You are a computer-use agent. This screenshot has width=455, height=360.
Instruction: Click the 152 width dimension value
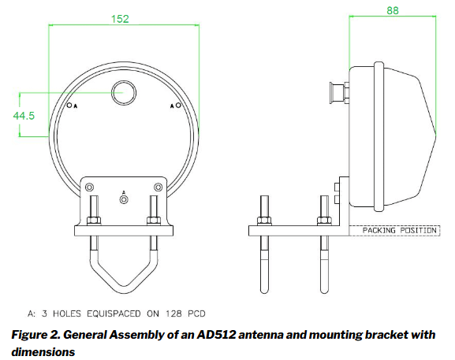[120, 19]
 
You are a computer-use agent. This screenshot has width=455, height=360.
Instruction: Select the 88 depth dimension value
[393, 11]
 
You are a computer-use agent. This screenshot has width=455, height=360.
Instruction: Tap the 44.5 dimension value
[24, 116]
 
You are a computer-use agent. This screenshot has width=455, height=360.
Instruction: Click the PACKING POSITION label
[400, 231]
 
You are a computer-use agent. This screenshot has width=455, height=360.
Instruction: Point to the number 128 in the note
[173, 314]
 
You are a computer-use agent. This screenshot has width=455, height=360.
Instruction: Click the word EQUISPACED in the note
[114, 314]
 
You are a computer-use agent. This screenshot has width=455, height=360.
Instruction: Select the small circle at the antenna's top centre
[124, 93]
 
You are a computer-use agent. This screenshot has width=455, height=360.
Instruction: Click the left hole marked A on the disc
[69, 106]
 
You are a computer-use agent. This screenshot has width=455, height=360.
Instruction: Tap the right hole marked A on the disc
[178, 106]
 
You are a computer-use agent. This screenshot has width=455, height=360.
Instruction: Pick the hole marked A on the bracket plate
[124, 199]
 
